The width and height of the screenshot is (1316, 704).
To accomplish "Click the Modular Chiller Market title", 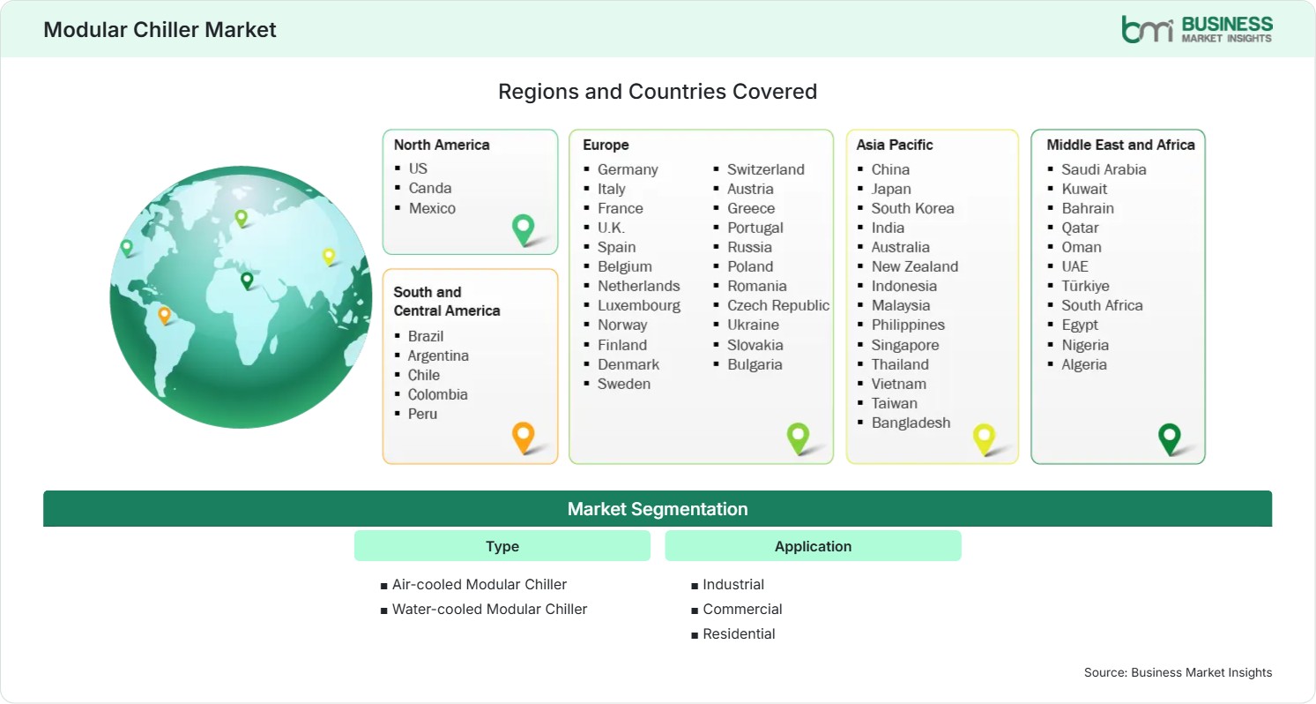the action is pos(160,29).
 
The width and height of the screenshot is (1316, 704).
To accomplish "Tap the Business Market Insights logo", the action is pos(1197,29).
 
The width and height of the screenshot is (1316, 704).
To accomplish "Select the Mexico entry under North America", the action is pos(432,208).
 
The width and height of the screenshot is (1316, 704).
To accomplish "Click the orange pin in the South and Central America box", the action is pos(523,438).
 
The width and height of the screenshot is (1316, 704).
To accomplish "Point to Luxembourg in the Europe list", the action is pos(639,305).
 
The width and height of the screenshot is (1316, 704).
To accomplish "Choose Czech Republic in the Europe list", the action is pos(777,305).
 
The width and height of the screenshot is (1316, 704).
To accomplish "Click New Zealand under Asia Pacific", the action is pos(914,266).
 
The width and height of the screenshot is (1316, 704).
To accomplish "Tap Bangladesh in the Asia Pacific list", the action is pos(911,423).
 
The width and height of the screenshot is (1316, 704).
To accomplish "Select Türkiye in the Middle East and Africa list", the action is pos(1085,286).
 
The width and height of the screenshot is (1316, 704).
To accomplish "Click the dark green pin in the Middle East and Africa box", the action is pos(1169,438).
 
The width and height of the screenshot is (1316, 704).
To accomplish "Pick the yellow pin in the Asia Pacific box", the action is pos(984,438).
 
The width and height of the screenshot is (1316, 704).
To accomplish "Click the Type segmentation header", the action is pos(502,546).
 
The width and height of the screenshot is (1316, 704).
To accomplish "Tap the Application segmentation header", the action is pos(813,546).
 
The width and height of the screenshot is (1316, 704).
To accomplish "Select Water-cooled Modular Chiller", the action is pos(489,609).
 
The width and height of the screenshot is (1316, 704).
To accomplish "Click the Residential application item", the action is pos(739,633).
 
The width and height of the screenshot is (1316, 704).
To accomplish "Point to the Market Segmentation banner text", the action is pos(658,509).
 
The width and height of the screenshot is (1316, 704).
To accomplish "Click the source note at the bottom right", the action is pos(1178,672).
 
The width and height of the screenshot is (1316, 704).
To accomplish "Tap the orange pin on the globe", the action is pos(165,316).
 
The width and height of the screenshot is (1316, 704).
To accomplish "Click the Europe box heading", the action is pos(606,145).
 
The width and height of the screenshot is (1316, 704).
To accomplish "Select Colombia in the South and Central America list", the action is pos(438,394).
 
